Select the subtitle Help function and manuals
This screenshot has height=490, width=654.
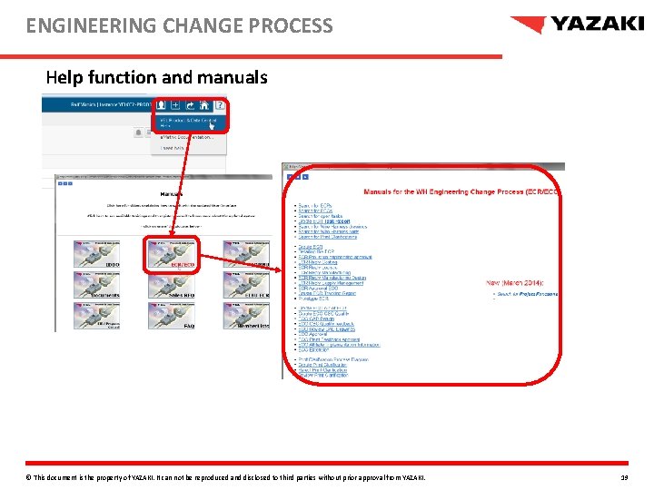click(156, 78)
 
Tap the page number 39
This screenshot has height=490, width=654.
click(624, 477)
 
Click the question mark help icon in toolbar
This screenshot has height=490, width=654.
click(220, 106)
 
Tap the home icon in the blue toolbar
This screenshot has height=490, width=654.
click(205, 106)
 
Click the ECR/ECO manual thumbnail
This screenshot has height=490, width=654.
click(171, 254)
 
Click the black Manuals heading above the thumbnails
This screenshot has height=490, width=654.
click(171, 194)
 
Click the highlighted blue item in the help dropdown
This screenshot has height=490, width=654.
click(190, 122)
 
